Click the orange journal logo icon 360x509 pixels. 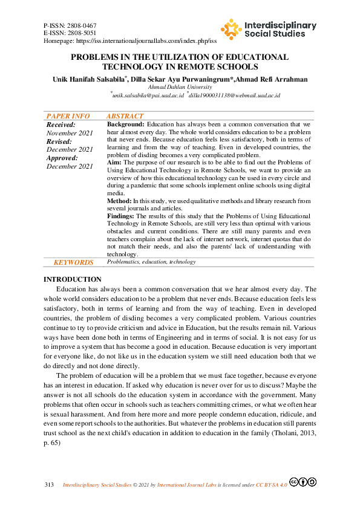231,29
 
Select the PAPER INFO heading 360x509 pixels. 68,116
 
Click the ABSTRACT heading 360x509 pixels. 125,116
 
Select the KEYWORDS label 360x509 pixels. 73,262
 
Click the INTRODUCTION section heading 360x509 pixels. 73,279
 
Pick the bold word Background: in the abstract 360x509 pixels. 126,124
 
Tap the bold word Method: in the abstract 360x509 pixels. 119,201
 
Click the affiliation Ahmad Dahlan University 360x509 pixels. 179,87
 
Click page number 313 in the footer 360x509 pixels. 50,485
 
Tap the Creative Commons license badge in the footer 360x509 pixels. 303,482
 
